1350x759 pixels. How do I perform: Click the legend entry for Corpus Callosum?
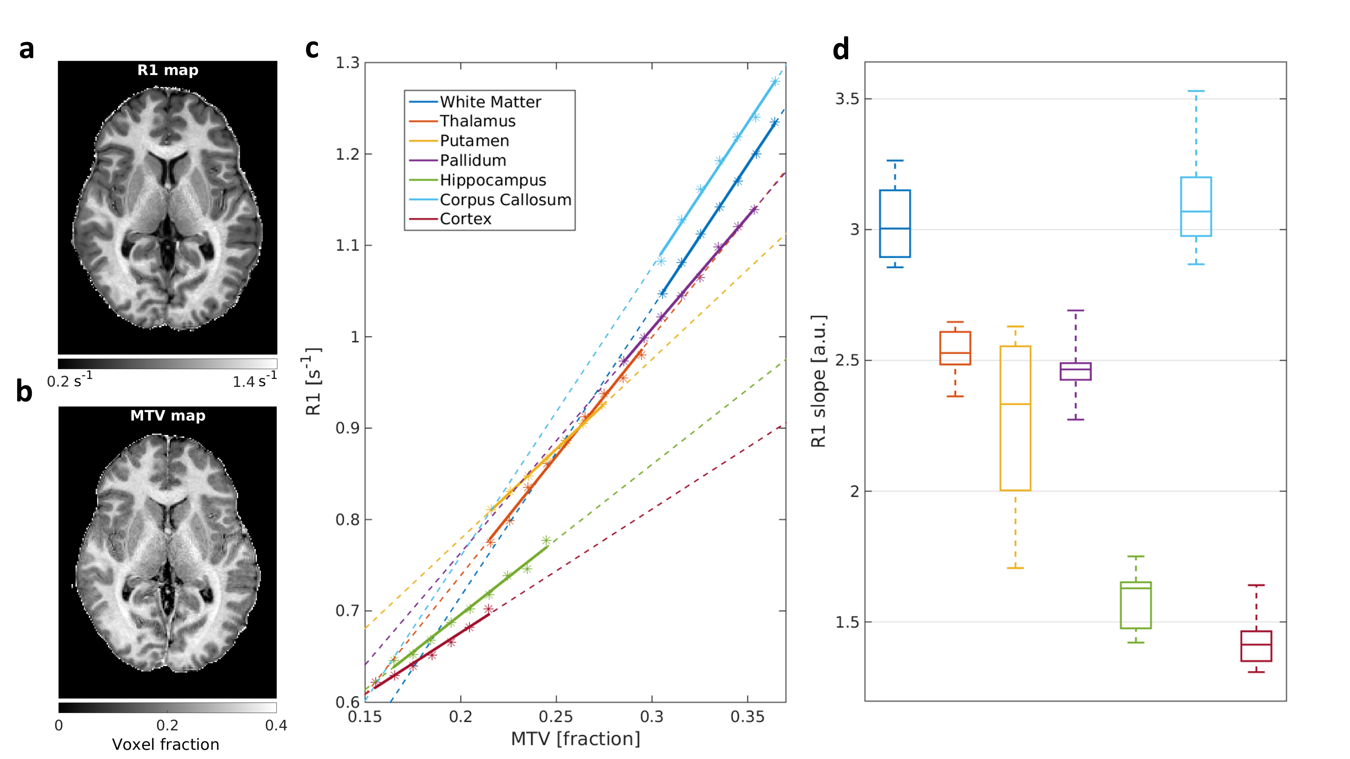tap(505, 200)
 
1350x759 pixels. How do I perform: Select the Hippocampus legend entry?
tap(493, 180)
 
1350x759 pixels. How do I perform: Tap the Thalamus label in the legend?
tap(478, 121)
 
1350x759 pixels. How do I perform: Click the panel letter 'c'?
tap(312, 48)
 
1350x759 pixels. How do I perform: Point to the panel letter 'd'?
tap(841, 50)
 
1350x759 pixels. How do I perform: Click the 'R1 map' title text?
tap(168, 70)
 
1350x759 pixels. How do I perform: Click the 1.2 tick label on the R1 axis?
tap(348, 154)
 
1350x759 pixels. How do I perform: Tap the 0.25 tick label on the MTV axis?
tap(556, 716)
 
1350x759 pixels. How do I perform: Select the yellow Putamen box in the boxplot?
tap(1015, 418)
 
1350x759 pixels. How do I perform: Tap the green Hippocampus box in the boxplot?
tap(1136, 605)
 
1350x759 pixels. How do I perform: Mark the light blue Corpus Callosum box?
tap(1196, 206)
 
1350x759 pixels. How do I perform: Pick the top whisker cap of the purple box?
tap(1075, 311)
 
